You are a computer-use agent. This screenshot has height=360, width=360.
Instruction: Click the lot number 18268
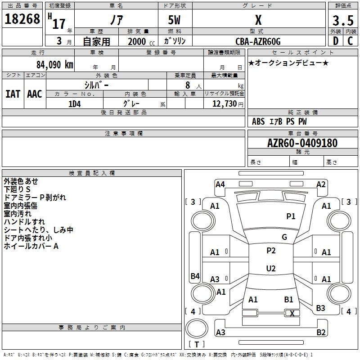tap(22, 19)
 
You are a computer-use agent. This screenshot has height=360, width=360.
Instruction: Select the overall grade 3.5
tap(343, 20)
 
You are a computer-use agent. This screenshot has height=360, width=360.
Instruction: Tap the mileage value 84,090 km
tap(55, 64)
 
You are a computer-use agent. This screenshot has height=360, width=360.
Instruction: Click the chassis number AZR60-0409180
tap(302, 143)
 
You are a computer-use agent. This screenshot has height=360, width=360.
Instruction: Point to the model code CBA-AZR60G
tap(258, 41)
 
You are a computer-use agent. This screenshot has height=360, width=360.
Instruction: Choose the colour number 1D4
tap(75, 104)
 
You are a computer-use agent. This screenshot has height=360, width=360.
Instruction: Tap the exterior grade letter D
tap(336, 41)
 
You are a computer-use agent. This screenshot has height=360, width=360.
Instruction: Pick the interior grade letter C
tap(350, 41)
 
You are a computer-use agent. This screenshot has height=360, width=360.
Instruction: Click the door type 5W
tap(174, 20)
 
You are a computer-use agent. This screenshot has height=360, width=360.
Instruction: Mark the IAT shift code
tap(13, 94)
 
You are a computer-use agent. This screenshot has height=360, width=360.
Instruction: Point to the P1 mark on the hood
tap(291, 216)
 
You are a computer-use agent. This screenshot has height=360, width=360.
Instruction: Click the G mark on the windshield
tap(284, 237)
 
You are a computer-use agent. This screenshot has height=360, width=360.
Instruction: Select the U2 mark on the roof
tap(271, 268)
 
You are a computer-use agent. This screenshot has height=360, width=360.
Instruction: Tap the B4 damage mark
tap(195, 276)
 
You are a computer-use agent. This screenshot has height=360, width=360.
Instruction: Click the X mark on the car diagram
tap(292, 313)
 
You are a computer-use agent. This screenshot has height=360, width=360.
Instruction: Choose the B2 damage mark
tap(321, 332)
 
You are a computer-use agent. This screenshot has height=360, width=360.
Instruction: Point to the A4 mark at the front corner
tap(220, 184)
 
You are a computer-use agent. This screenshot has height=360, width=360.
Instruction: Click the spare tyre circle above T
tap(197, 328)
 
